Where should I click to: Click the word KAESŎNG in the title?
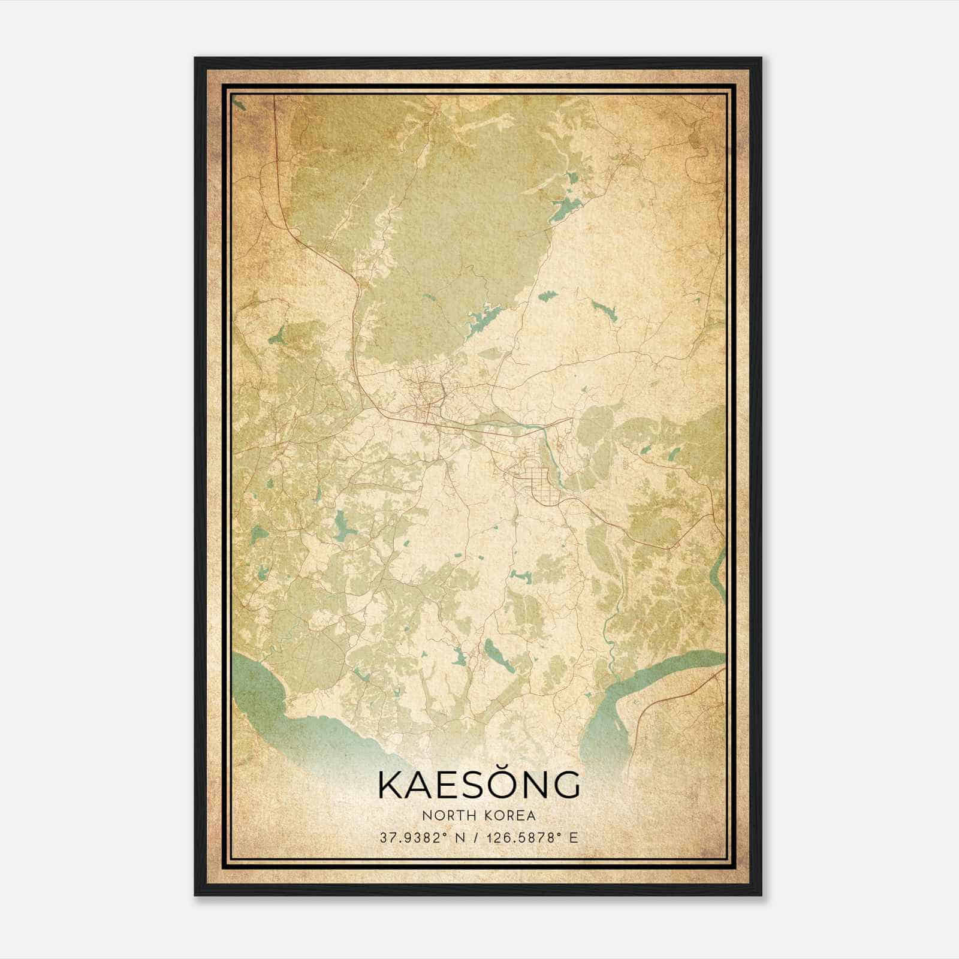[x=479, y=784]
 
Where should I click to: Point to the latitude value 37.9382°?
[x=414, y=837]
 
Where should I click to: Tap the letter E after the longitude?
[x=574, y=837]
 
